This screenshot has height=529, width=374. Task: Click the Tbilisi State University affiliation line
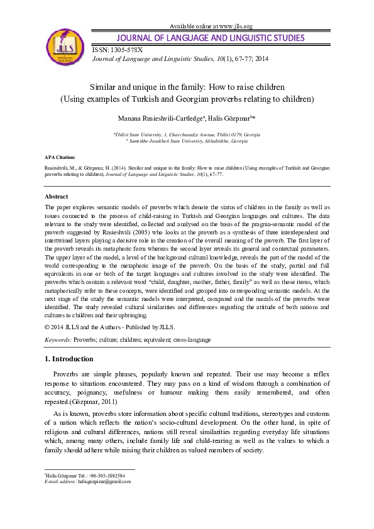click(x=187, y=134)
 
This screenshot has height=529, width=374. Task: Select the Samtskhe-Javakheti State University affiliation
click(x=187, y=141)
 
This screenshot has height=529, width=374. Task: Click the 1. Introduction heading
click(x=69, y=359)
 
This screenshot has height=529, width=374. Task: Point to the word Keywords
click(x=58, y=339)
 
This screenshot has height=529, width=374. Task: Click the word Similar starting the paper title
click(x=102, y=87)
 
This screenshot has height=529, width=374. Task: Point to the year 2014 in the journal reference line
click(x=261, y=58)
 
